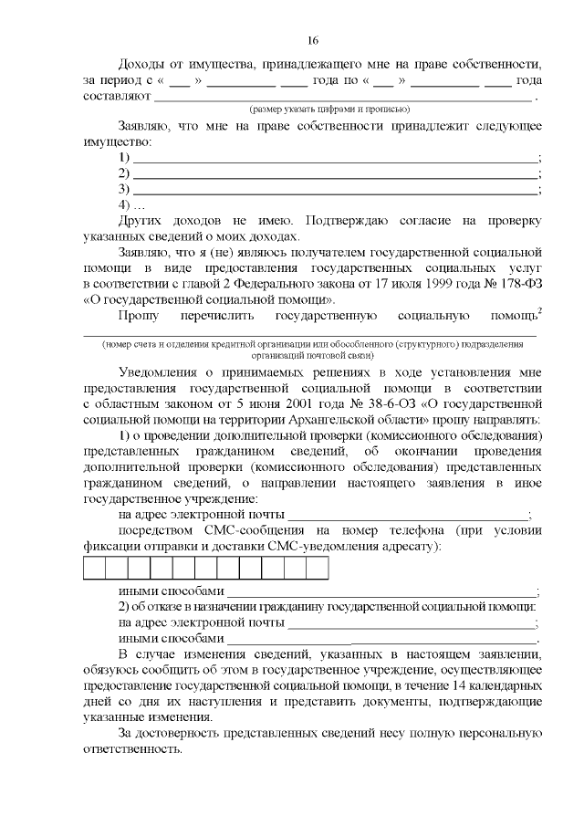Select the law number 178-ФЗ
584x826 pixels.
pyautogui.click(x=517, y=284)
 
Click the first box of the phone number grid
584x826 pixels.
pyautogui.click(x=95, y=569)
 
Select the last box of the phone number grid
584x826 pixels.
pyautogui.click(x=318, y=569)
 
